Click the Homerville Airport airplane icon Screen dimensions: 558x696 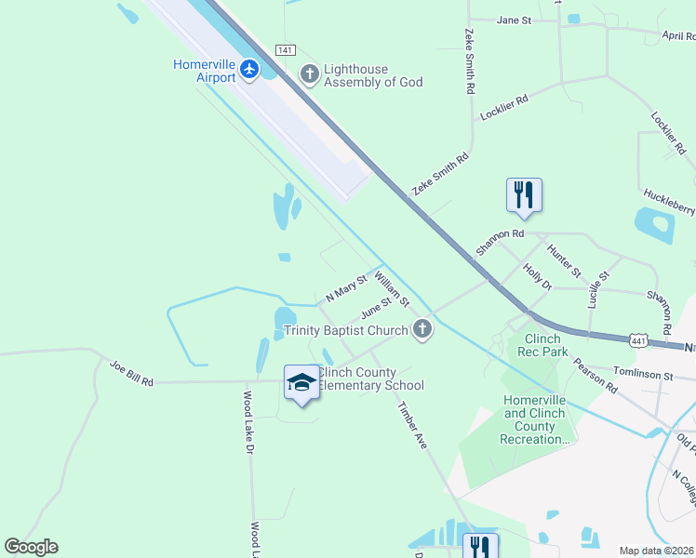click(x=248, y=69)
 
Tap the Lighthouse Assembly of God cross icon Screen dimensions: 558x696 click(x=309, y=73)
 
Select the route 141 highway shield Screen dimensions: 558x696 click(x=286, y=49)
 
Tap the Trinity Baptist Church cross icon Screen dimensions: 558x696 click(x=422, y=329)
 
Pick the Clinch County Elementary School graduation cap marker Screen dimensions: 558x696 click(x=301, y=382)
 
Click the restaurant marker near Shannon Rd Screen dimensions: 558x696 click(x=524, y=194)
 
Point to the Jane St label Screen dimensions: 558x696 click(x=514, y=20)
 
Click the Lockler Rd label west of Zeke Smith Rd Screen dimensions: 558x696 click(x=504, y=107)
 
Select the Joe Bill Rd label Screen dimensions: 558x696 click(x=131, y=374)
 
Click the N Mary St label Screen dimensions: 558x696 click(x=346, y=289)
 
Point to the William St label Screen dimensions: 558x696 click(x=392, y=288)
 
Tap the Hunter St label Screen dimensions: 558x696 click(x=564, y=261)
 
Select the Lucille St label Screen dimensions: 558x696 click(x=598, y=289)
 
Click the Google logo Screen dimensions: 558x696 click(x=31, y=547)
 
